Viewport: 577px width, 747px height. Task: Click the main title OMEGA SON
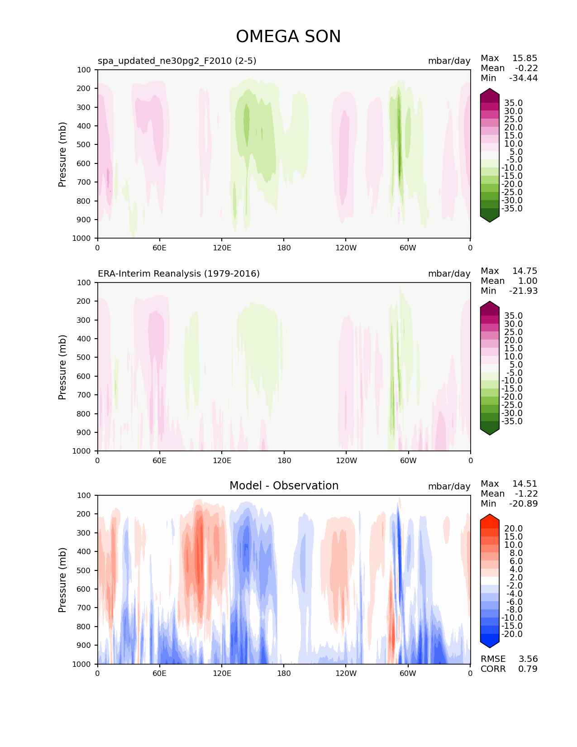coord(288,37)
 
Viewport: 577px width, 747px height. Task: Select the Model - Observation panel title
coord(284,486)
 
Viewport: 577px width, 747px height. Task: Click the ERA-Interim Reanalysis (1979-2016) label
coord(179,273)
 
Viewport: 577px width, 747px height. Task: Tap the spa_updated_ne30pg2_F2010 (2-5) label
coord(177,61)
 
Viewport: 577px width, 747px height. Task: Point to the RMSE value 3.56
coord(528,659)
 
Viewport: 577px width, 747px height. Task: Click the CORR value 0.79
coord(528,669)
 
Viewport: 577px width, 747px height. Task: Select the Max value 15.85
coord(525,58)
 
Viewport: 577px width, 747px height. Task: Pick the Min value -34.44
coord(523,78)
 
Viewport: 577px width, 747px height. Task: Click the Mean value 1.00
coord(528,281)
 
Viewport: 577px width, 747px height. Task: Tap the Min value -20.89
coord(523,503)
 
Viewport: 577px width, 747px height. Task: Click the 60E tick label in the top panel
coord(159,248)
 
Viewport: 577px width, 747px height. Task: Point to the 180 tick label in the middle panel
coord(284,460)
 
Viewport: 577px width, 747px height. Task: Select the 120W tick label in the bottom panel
coord(346,673)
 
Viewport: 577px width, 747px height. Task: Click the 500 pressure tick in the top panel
coord(84,144)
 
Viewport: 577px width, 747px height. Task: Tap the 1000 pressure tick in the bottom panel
coord(82,664)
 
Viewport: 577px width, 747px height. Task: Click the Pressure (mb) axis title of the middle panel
coord(62,367)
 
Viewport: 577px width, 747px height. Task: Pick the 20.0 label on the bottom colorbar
coord(513,528)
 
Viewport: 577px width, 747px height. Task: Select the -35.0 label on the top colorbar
coord(512,208)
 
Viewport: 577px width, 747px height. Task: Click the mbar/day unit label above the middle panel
coord(449,273)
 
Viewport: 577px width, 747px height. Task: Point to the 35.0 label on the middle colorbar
coord(513,316)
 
